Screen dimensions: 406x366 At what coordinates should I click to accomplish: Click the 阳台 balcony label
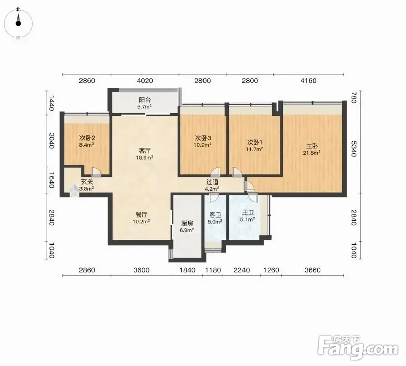tap(145, 100)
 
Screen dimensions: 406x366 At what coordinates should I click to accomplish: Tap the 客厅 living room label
tap(145, 151)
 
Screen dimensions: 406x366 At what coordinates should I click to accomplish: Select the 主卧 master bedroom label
tap(312, 146)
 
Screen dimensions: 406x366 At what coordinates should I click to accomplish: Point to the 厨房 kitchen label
tap(187, 223)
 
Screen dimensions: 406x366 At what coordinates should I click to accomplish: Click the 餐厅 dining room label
tap(141, 215)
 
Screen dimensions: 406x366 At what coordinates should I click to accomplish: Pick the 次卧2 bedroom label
tap(87, 138)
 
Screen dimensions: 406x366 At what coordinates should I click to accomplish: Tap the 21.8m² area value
tap(312, 153)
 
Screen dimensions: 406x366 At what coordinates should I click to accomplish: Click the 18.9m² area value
tap(145, 157)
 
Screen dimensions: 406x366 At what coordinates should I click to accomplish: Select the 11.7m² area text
tap(255, 149)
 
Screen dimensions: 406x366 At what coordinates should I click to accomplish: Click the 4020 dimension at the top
tap(145, 81)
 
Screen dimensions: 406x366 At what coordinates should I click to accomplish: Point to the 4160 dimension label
tap(308, 81)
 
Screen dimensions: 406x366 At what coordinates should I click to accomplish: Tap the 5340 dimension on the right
tap(354, 149)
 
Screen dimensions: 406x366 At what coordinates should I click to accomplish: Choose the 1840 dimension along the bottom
tap(187, 270)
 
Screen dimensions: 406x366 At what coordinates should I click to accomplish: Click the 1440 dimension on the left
tap(51, 103)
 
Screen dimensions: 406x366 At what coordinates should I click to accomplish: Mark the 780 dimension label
tap(354, 98)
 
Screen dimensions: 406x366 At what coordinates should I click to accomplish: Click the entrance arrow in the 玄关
tap(75, 190)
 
